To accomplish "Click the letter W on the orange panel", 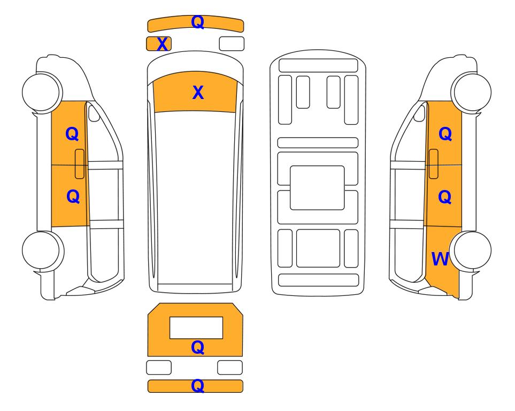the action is pyautogui.click(x=440, y=259).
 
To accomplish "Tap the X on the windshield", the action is pyautogui.click(x=198, y=93).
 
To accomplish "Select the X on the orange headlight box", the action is pyautogui.click(x=162, y=44).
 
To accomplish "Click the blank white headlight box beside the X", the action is pyautogui.click(x=232, y=44).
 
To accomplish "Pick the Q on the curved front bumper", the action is pyautogui.click(x=197, y=22).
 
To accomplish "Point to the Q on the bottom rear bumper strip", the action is pyautogui.click(x=197, y=385).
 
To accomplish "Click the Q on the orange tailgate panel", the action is pyautogui.click(x=197, y=347).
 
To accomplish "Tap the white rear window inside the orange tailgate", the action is pyautogui.click(x=196, y=328).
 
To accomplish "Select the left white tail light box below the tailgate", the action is pyautogui.click(x=159, y=367).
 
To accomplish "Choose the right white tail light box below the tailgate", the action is pyautogui.click(x=230, y=367).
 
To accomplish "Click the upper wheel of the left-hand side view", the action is pyautogui.click(x=42, y=92).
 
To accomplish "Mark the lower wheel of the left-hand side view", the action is pyautogui.click(x=43, y=250).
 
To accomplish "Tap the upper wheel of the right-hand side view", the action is pyautogui.click(x=471, y=92).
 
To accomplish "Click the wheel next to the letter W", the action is pyautogui.click(x=471, y=250).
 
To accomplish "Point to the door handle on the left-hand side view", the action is pyautogui.click(x=80, y=164).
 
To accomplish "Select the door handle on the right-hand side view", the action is pyautogui.click(x=434, y=164).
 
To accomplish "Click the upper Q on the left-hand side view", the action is pyautogui.click(x=72, y=134).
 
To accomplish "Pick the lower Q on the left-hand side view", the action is pyautogui.click(x=73, y=196).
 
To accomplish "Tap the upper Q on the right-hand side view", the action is pyautogui.click(x=445, y=134).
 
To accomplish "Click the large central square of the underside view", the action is pyautogui.click(x=317, y=188).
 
